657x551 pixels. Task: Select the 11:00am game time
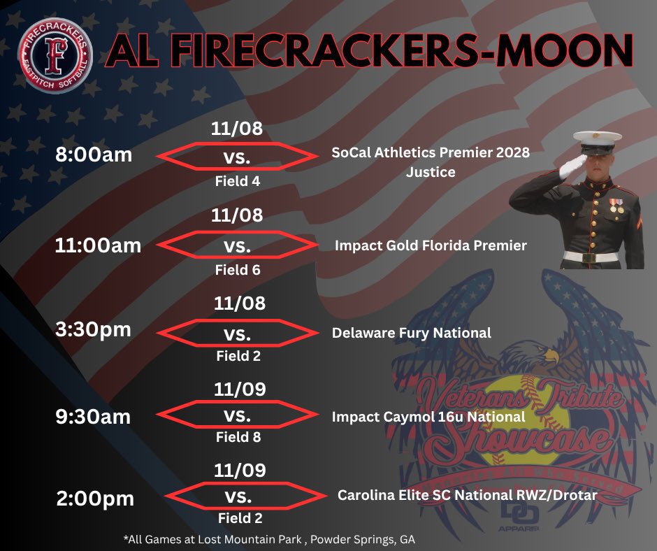pos(99,245)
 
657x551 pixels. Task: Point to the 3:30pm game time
pos(94,329)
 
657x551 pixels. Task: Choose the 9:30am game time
pos(94,417)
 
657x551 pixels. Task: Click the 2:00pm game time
pos(94,499)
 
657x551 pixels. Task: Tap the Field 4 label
pos(238,182)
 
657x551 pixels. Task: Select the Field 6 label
pos(238,270)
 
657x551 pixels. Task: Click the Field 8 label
pos(238,438)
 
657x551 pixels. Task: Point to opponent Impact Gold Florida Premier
pos(431,245)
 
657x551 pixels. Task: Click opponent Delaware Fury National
pos(412,333)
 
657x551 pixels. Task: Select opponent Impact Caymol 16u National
pos(428,417)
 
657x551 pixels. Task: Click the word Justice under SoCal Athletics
pos(431,171)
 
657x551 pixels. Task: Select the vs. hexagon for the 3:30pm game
pos(238,333)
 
